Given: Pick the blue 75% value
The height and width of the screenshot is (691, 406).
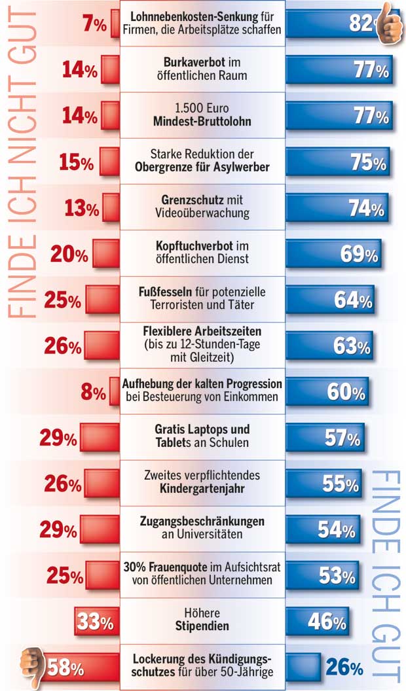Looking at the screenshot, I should click(x=369, y=162).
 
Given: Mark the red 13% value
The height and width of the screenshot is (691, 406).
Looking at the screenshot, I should click(x=82, y=209).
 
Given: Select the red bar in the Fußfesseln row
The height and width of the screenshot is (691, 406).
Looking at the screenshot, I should click(x=103, y=300).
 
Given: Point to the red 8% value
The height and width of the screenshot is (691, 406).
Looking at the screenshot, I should click(x=94, y=393).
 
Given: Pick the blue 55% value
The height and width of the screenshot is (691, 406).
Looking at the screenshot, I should click(x=341, y=484).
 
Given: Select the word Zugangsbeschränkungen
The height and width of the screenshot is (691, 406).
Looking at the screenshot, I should click(x=202, y=522).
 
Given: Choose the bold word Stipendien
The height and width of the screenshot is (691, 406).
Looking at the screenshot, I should click(x=202, y=626).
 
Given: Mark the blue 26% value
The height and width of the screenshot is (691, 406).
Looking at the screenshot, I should click(x=344, y=668).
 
